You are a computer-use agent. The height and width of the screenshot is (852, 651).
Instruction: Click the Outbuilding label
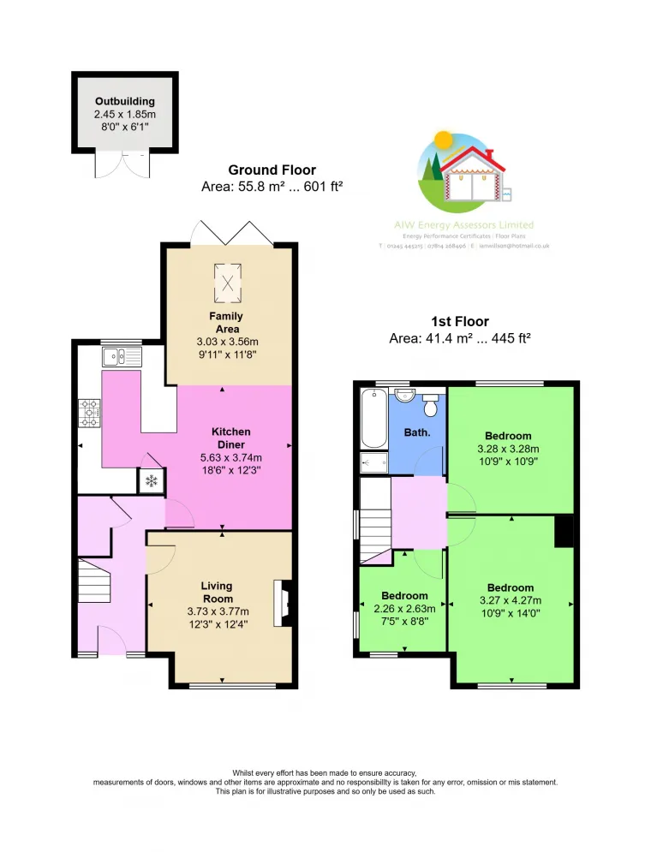coord(125,101)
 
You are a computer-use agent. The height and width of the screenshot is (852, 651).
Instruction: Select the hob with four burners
coord(90,414)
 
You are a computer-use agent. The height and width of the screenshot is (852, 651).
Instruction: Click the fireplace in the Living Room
coord(282,604)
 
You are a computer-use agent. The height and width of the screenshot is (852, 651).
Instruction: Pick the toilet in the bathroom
coord(431,403)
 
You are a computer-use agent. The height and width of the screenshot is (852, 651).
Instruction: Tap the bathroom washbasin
coord(405,395)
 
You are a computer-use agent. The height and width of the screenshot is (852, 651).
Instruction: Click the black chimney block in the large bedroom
coord(563,532)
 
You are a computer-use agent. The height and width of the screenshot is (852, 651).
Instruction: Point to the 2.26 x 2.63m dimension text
coord(404,609)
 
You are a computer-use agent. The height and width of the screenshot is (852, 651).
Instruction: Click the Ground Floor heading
coord(272,170)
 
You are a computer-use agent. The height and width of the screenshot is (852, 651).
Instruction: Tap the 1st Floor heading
coord(460,322)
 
